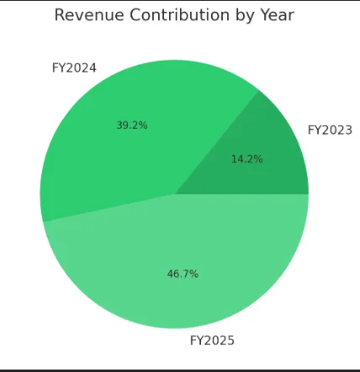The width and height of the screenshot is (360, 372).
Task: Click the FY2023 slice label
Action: coord(330,130)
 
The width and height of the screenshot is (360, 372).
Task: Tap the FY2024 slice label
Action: coord(74,68)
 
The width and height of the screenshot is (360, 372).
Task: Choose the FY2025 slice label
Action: coord(212,340)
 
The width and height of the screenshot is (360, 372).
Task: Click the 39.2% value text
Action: coord(132,125)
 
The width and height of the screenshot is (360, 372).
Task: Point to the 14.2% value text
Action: coord(247,158)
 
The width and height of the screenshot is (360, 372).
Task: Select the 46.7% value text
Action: coord(183,274)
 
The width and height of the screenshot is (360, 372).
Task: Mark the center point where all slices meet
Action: coord(174,194)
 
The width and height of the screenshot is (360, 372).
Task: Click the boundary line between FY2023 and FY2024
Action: coord(217,142)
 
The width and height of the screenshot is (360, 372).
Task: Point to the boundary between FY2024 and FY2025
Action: coord(109,208)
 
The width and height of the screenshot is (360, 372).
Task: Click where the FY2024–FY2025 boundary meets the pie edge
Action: coord(43,222)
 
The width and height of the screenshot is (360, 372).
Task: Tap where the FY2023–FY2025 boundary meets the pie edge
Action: coord(309,194)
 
